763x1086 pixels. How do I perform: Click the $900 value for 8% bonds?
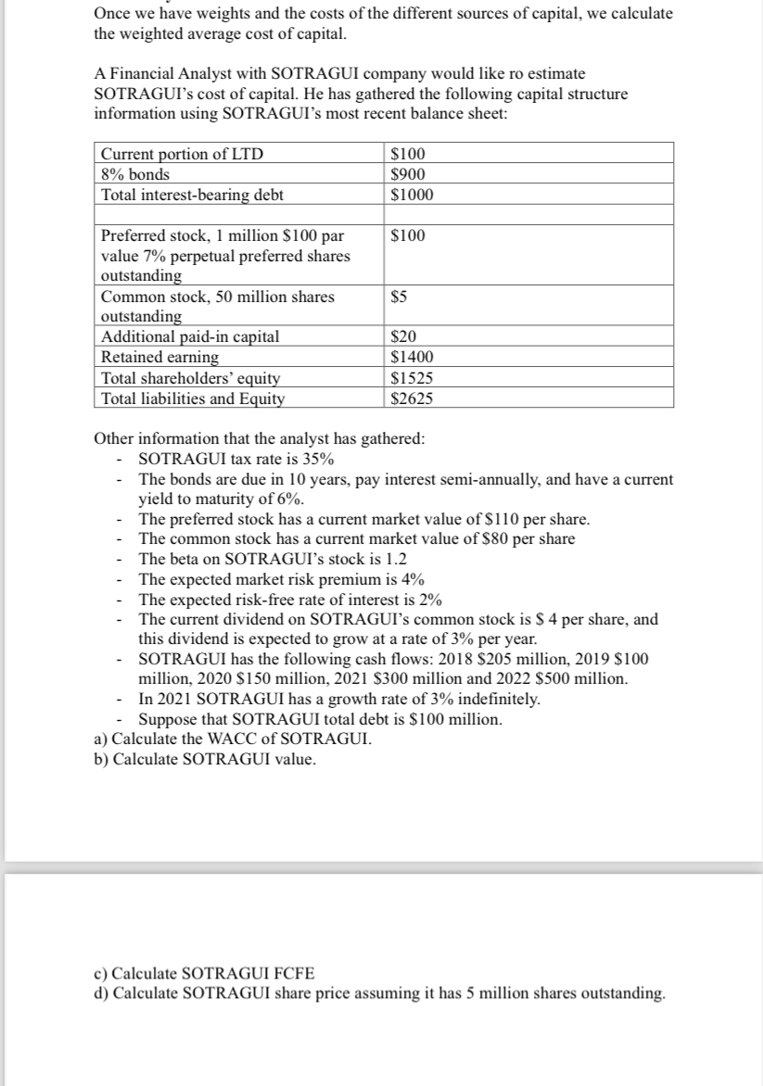(x=408, y=174)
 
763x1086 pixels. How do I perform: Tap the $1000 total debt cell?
(x=412, y=195)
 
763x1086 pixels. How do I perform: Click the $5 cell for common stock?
(x=401, y=297)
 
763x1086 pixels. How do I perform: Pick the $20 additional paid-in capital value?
(x=404, y=338)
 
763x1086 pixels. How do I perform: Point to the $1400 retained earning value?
(x=412, y=358)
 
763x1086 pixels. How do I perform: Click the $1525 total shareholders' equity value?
(x=412, y=378)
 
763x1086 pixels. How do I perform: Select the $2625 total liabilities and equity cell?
(x=412, y=398)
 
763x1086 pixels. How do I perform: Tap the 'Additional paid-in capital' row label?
(x=189, y=338)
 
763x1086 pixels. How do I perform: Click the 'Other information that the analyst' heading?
(x=260, y=439)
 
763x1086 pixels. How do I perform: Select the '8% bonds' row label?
(x=135, y=174)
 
